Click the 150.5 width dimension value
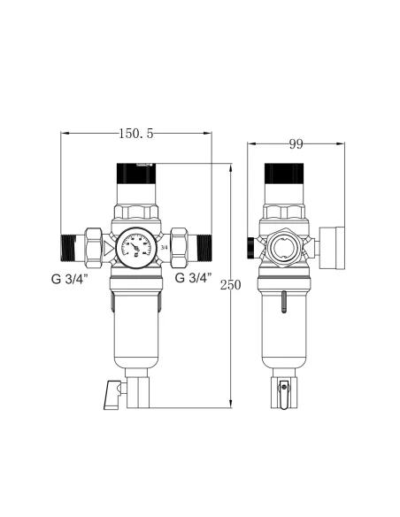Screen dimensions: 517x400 tap(136, 133)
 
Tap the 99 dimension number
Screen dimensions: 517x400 tap(296, 143)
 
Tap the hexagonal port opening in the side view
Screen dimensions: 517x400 tap(282, 245)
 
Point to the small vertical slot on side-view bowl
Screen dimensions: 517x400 tap(283, 304)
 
